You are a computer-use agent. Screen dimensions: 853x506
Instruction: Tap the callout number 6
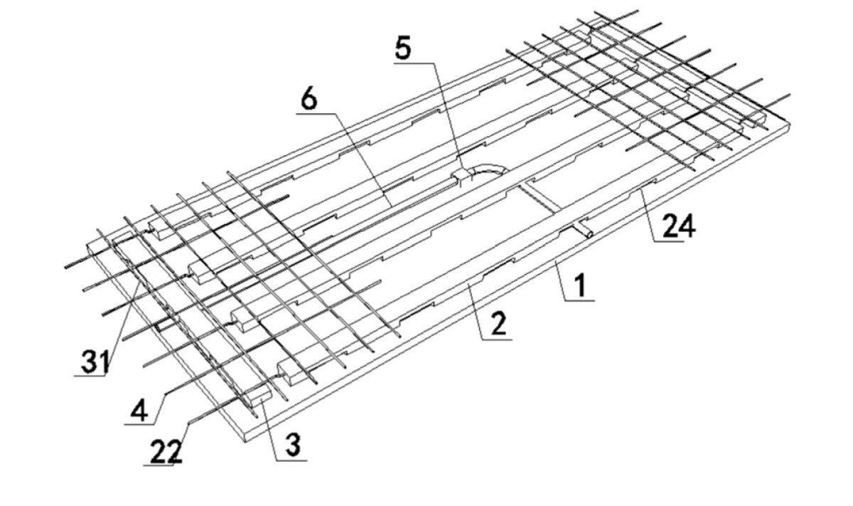coord(309,100)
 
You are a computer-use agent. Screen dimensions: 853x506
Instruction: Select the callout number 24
coord(679,226)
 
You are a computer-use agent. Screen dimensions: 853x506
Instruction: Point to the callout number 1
coord(580,286)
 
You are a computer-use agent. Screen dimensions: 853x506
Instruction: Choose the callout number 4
coord(139,409)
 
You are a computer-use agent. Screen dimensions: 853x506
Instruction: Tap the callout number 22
coord(166,451)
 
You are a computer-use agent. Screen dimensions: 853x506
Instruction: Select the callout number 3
coord(292,445)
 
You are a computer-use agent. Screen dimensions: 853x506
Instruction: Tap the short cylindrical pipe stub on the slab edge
coord(584,231)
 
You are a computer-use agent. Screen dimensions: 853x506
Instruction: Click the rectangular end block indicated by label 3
coord(260,401)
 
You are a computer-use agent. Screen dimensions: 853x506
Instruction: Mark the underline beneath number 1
coord(579,301)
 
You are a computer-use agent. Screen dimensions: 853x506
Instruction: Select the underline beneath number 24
coord(669,241)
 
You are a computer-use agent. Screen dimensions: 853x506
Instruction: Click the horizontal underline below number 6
coord(316,113)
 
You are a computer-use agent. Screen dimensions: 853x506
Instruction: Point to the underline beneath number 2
coord(497,339)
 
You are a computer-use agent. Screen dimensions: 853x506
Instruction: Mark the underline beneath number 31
coord(90,376)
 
